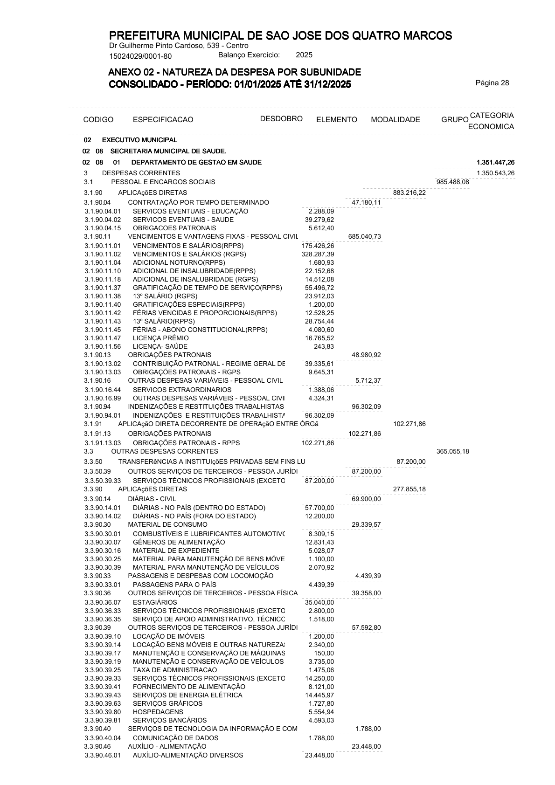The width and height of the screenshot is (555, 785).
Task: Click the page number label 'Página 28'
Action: click(492, 83)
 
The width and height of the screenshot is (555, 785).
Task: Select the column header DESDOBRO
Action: click(281, 118)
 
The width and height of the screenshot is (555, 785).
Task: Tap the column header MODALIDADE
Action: click(395, 120)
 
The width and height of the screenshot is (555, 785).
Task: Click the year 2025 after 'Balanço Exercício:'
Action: click(304, 55)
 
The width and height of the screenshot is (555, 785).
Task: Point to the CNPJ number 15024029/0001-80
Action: click(140, 56)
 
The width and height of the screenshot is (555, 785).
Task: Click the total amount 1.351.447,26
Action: click(495, 162)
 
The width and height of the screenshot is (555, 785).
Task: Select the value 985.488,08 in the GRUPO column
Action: click(452, 182)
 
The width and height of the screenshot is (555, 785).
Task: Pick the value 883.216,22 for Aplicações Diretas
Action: click(409, 193)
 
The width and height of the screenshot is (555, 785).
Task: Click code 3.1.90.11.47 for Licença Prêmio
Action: click(103, 338)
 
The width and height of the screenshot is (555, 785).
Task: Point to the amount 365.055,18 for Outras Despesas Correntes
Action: click(452, 451)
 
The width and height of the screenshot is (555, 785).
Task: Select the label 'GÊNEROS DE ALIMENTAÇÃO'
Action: click(179, 542)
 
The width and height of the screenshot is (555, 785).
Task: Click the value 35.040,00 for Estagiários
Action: click(319, 602)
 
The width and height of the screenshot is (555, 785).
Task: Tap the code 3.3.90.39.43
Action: click(103, 695)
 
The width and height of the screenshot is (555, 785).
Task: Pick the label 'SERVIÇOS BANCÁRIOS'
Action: click(170, 720)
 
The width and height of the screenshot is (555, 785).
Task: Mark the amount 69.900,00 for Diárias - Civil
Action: click(366, 499)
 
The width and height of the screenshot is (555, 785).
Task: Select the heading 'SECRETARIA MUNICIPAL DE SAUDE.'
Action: click(168, 151)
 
